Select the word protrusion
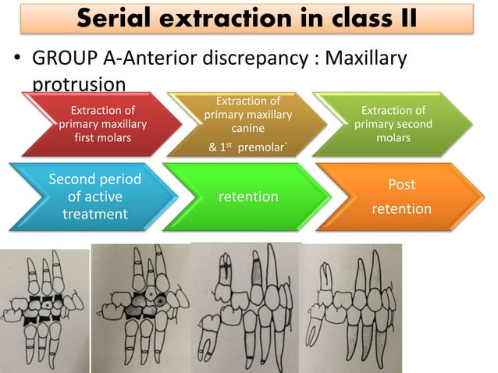76,82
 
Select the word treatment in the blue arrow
94,212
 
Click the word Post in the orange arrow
401,185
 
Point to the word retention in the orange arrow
401,208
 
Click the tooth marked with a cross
228,275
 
